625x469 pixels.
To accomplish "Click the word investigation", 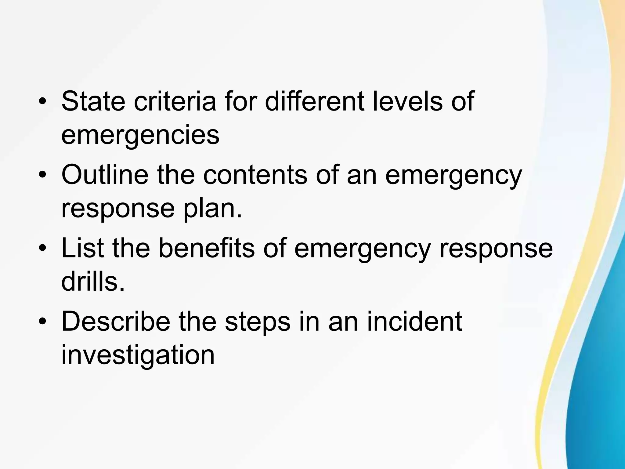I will coord(138,356).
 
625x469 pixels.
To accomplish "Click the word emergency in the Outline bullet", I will coord(453,176).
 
